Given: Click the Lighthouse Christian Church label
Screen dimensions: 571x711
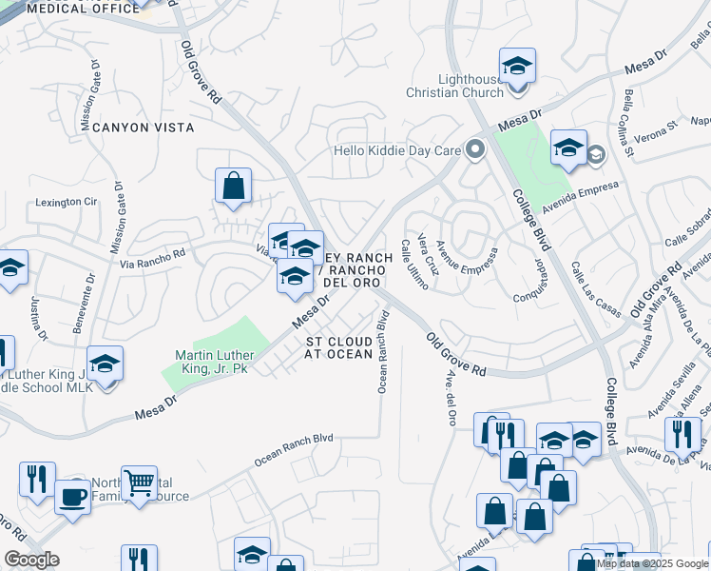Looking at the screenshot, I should (455, 86).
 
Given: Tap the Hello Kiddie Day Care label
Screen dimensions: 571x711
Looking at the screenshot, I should (396, 150).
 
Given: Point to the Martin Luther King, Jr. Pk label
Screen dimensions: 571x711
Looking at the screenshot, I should (210, 362).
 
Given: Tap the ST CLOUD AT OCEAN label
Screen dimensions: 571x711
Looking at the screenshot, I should (338, 347).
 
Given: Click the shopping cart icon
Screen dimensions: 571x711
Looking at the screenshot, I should (140, 483).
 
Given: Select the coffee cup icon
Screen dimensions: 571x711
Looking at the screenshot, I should (72, 496).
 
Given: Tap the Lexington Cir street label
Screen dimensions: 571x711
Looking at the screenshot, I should (67, 202).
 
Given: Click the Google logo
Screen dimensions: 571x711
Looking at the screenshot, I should (30, 561).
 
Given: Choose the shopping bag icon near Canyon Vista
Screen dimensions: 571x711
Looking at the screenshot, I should (233, 187).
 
